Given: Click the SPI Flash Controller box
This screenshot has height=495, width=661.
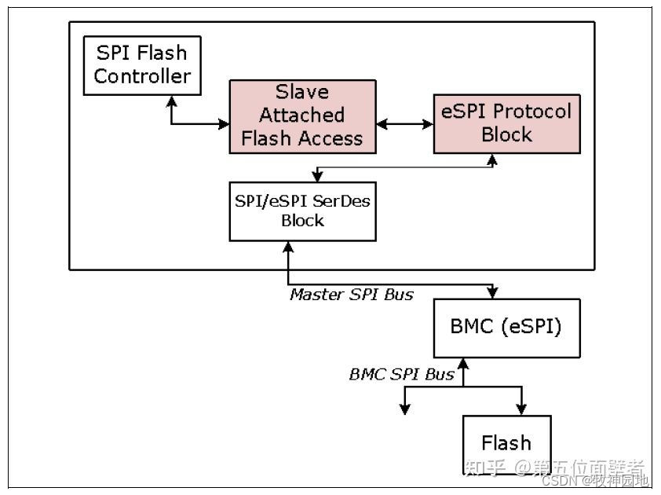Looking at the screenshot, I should point(142,65).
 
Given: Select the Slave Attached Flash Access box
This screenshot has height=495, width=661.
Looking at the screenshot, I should point(301,115).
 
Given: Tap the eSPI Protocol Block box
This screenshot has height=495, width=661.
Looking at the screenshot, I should point(506,123).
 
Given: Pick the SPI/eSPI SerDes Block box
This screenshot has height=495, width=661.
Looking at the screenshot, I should point(302,211).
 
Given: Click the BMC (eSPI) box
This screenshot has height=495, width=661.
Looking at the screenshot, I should point(507,328).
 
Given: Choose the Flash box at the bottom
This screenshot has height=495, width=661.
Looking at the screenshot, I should point(506,443).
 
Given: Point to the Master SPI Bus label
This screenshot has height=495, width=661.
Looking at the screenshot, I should point(351,295).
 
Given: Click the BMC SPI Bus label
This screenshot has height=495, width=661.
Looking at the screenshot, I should point(401,374).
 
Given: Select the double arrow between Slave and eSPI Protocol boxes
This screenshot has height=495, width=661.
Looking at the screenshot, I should point(404,123).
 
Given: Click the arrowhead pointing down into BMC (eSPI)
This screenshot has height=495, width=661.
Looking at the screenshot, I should point(492,293).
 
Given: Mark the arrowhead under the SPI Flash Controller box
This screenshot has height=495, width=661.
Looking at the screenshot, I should point(171,101).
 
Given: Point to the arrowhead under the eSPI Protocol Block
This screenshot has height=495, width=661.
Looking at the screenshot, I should point(493,159).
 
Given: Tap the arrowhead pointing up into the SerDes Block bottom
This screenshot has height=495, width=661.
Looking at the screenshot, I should point(290,247).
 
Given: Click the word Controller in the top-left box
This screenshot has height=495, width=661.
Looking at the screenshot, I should point(142,76).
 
